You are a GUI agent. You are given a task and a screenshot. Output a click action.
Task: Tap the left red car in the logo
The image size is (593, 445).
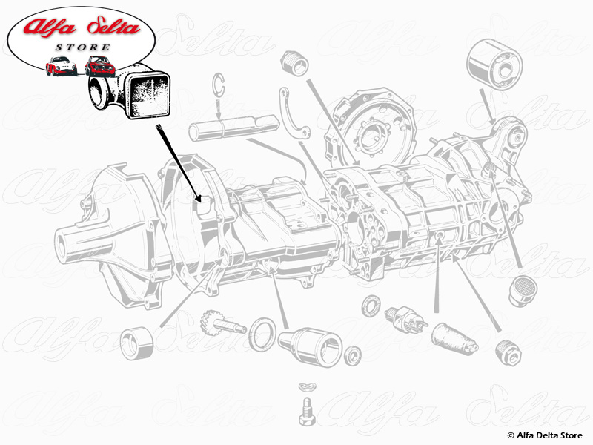[x=61, y=66]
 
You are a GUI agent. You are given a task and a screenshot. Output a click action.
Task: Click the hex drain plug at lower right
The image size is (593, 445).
[x=508, y=349]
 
